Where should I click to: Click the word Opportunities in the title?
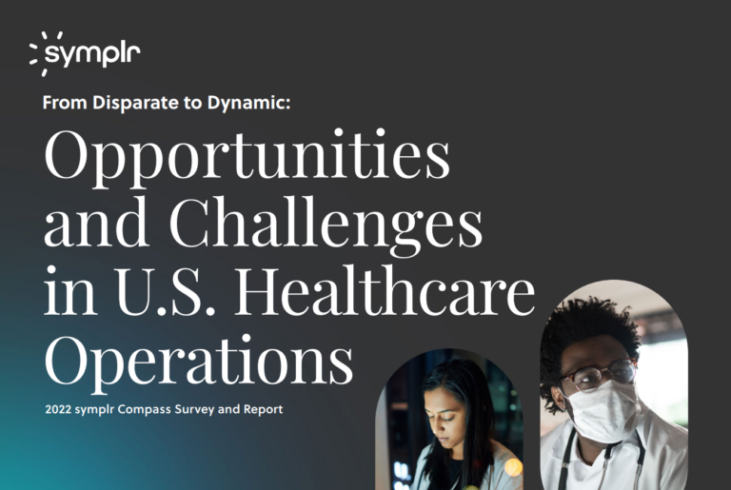tap(247, 158)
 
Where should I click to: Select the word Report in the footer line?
tap(261, 410)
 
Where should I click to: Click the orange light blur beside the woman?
tap(513, 467)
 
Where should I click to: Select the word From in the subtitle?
tap(62, 104)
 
